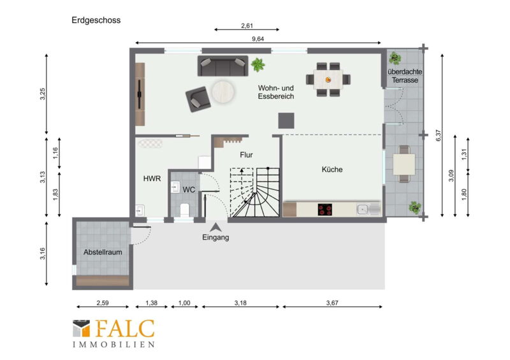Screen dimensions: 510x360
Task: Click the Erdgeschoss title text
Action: [x=96, y=20]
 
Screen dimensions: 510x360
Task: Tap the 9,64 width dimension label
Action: [x=258, y=39]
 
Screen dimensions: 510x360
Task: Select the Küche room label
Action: [x=332, y=169]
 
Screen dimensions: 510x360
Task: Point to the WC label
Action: [x=189, y=190]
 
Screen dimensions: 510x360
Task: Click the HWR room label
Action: [x=152, y=178]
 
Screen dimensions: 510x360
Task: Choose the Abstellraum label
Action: [x=103, y=252]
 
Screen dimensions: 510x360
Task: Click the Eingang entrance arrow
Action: [x=215, y=227]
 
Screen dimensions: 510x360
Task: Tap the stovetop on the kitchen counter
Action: [x=325, y=210]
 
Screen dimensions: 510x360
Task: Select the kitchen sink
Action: [x=369, y=210]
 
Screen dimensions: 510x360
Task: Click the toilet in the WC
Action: [x=184, y=210]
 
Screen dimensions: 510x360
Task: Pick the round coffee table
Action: [x=223, y=92]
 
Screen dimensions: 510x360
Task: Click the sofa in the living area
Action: [x=222, y=66]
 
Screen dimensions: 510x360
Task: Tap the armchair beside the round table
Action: [x=198, y=99]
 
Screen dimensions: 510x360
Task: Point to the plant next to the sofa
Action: [x=258, y=64]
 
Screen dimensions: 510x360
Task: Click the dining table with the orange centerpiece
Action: [x=328, y=80]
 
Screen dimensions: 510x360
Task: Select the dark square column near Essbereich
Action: [x=286, y=120]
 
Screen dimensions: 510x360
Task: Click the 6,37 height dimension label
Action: [x=438, y=135]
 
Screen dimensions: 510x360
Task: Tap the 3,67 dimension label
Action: [x=332, y=303]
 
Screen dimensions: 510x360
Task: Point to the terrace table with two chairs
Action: [x=404, y=164]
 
